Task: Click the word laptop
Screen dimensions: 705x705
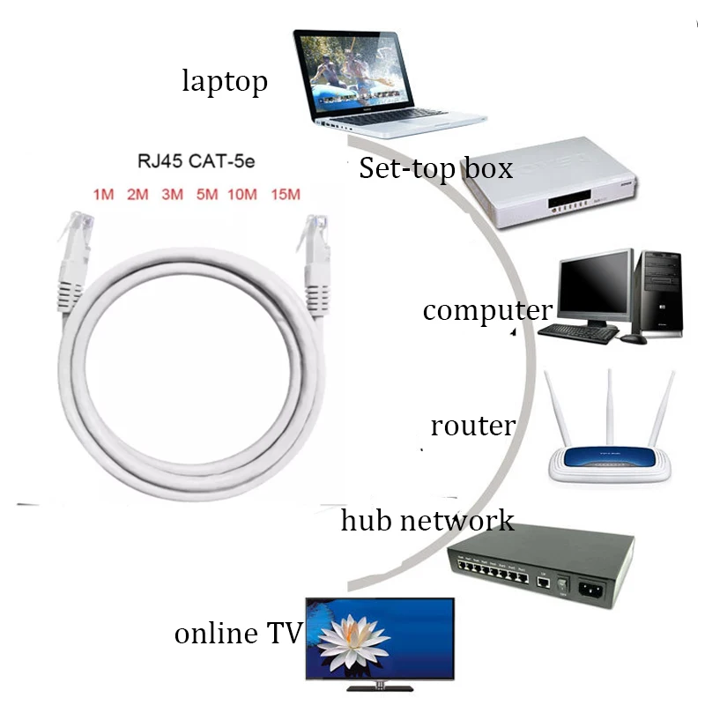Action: (x=225, y=82)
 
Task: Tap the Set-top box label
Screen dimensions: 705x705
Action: (x=435, y=168)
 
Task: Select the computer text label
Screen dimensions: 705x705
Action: (x=487, y=311)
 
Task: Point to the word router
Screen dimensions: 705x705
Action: (x=472, y=427)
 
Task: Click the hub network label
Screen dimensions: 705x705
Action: (x=427, y=520)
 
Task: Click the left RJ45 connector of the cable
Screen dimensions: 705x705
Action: (x=70, y=256)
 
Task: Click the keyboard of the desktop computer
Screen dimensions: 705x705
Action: (x=578, y=331)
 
